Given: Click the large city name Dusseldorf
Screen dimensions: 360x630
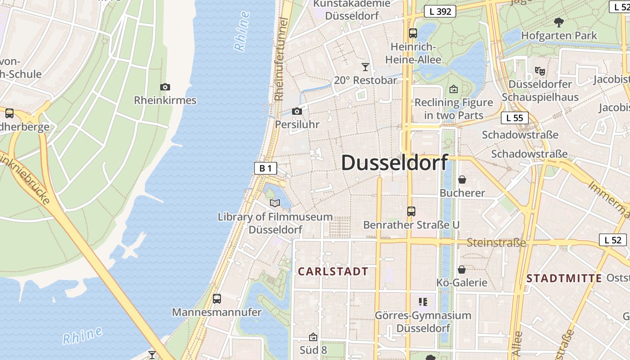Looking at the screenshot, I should (395, 162).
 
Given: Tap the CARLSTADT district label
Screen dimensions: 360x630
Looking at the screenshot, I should (333, 271).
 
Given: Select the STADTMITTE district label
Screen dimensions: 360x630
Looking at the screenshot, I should (564, 278).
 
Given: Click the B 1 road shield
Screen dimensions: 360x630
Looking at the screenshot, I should (265, 169).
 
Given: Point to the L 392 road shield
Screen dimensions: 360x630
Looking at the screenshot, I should (440, 12).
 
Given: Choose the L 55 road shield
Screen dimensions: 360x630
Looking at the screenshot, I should (514, 118).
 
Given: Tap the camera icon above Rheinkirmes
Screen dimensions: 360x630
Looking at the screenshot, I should (165, 87).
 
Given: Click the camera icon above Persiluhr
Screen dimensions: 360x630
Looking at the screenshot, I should (297, 111).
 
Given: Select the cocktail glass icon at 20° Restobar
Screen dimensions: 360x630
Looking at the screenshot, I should (365, 67).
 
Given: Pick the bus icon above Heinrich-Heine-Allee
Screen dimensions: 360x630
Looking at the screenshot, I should (413, 33).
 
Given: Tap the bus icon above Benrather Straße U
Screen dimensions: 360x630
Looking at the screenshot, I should (411, 211).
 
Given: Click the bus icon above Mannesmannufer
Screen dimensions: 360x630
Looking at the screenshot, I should (216, 299).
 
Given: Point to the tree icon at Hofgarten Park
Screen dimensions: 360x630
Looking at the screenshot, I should (559, 22).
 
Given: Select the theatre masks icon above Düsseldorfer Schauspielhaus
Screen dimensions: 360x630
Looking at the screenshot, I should (540, 71).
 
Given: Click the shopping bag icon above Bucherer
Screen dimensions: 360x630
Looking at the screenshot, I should (462, 180).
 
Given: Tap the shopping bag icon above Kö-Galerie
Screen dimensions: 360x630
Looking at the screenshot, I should (461, 270).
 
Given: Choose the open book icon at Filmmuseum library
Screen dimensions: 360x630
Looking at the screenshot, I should (275, 203).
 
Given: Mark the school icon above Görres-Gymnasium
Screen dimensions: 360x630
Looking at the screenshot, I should (423, 301).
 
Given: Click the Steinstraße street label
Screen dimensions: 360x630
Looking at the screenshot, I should (496, 243).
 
